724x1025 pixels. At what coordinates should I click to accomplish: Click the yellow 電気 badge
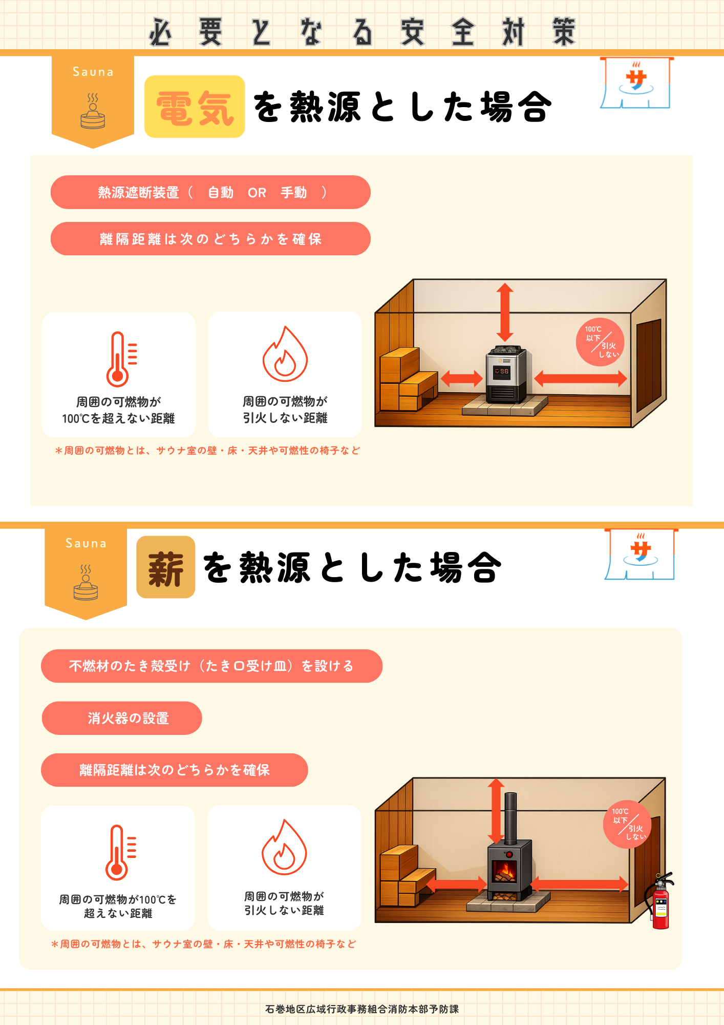pos(195,107)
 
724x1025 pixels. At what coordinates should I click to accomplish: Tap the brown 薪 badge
pos(165,567)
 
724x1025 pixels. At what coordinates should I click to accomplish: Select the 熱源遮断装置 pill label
pos(210,192)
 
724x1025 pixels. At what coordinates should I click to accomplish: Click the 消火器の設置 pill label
pos(122,718)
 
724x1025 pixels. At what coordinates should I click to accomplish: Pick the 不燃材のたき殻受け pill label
pos(211,666)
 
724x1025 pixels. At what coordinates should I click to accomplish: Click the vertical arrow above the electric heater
pos(505,312)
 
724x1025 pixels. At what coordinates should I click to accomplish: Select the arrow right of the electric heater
pos(581,379)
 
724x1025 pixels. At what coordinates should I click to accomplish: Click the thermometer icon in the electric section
pos(121,359)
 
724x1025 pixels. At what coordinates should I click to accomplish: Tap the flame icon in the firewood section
pos(284,847)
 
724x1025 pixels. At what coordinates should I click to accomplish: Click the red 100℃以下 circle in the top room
pos(600,342)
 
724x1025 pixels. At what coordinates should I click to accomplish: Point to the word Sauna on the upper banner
pos(93,72)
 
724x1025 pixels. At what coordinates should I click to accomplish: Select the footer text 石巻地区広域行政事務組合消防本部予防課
pos(362,1009)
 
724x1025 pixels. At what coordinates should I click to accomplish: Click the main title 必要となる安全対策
pos(363,32)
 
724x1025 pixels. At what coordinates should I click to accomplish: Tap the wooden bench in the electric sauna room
pos(408,379)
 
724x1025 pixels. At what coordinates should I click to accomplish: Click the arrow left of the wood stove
pos(456,884)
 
